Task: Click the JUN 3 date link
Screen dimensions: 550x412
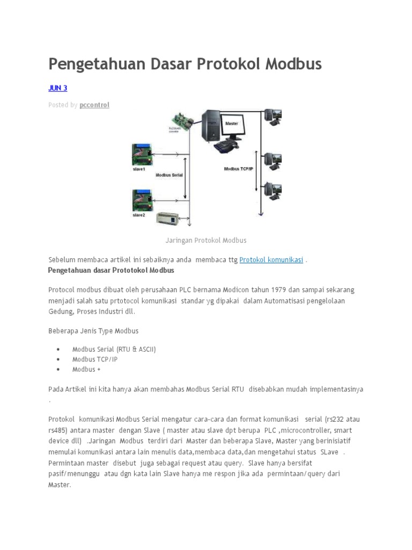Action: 57,88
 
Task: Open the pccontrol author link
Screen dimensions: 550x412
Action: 94,105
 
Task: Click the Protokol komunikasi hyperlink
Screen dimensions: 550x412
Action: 271,260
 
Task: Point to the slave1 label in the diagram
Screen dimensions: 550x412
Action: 139,169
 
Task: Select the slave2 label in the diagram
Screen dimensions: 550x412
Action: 139,215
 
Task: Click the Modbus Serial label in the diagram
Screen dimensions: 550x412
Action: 169,175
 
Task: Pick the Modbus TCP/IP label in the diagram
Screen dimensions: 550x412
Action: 238,169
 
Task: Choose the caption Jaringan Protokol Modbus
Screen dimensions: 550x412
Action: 205,240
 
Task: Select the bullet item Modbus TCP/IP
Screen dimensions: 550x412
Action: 94,359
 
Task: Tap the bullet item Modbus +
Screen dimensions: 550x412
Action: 86,370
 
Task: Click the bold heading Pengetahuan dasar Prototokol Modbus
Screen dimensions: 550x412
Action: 111,270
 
